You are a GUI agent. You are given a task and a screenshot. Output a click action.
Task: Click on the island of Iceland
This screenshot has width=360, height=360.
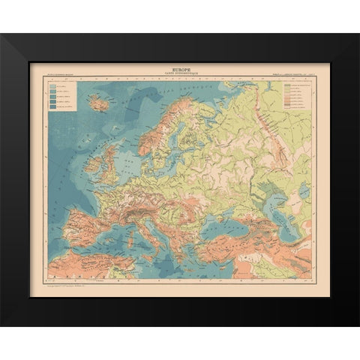pyautogui.click(x=98, y=104)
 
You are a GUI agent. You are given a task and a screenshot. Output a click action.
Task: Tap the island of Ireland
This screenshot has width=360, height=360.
pyautogui.click(x=91, y=162)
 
